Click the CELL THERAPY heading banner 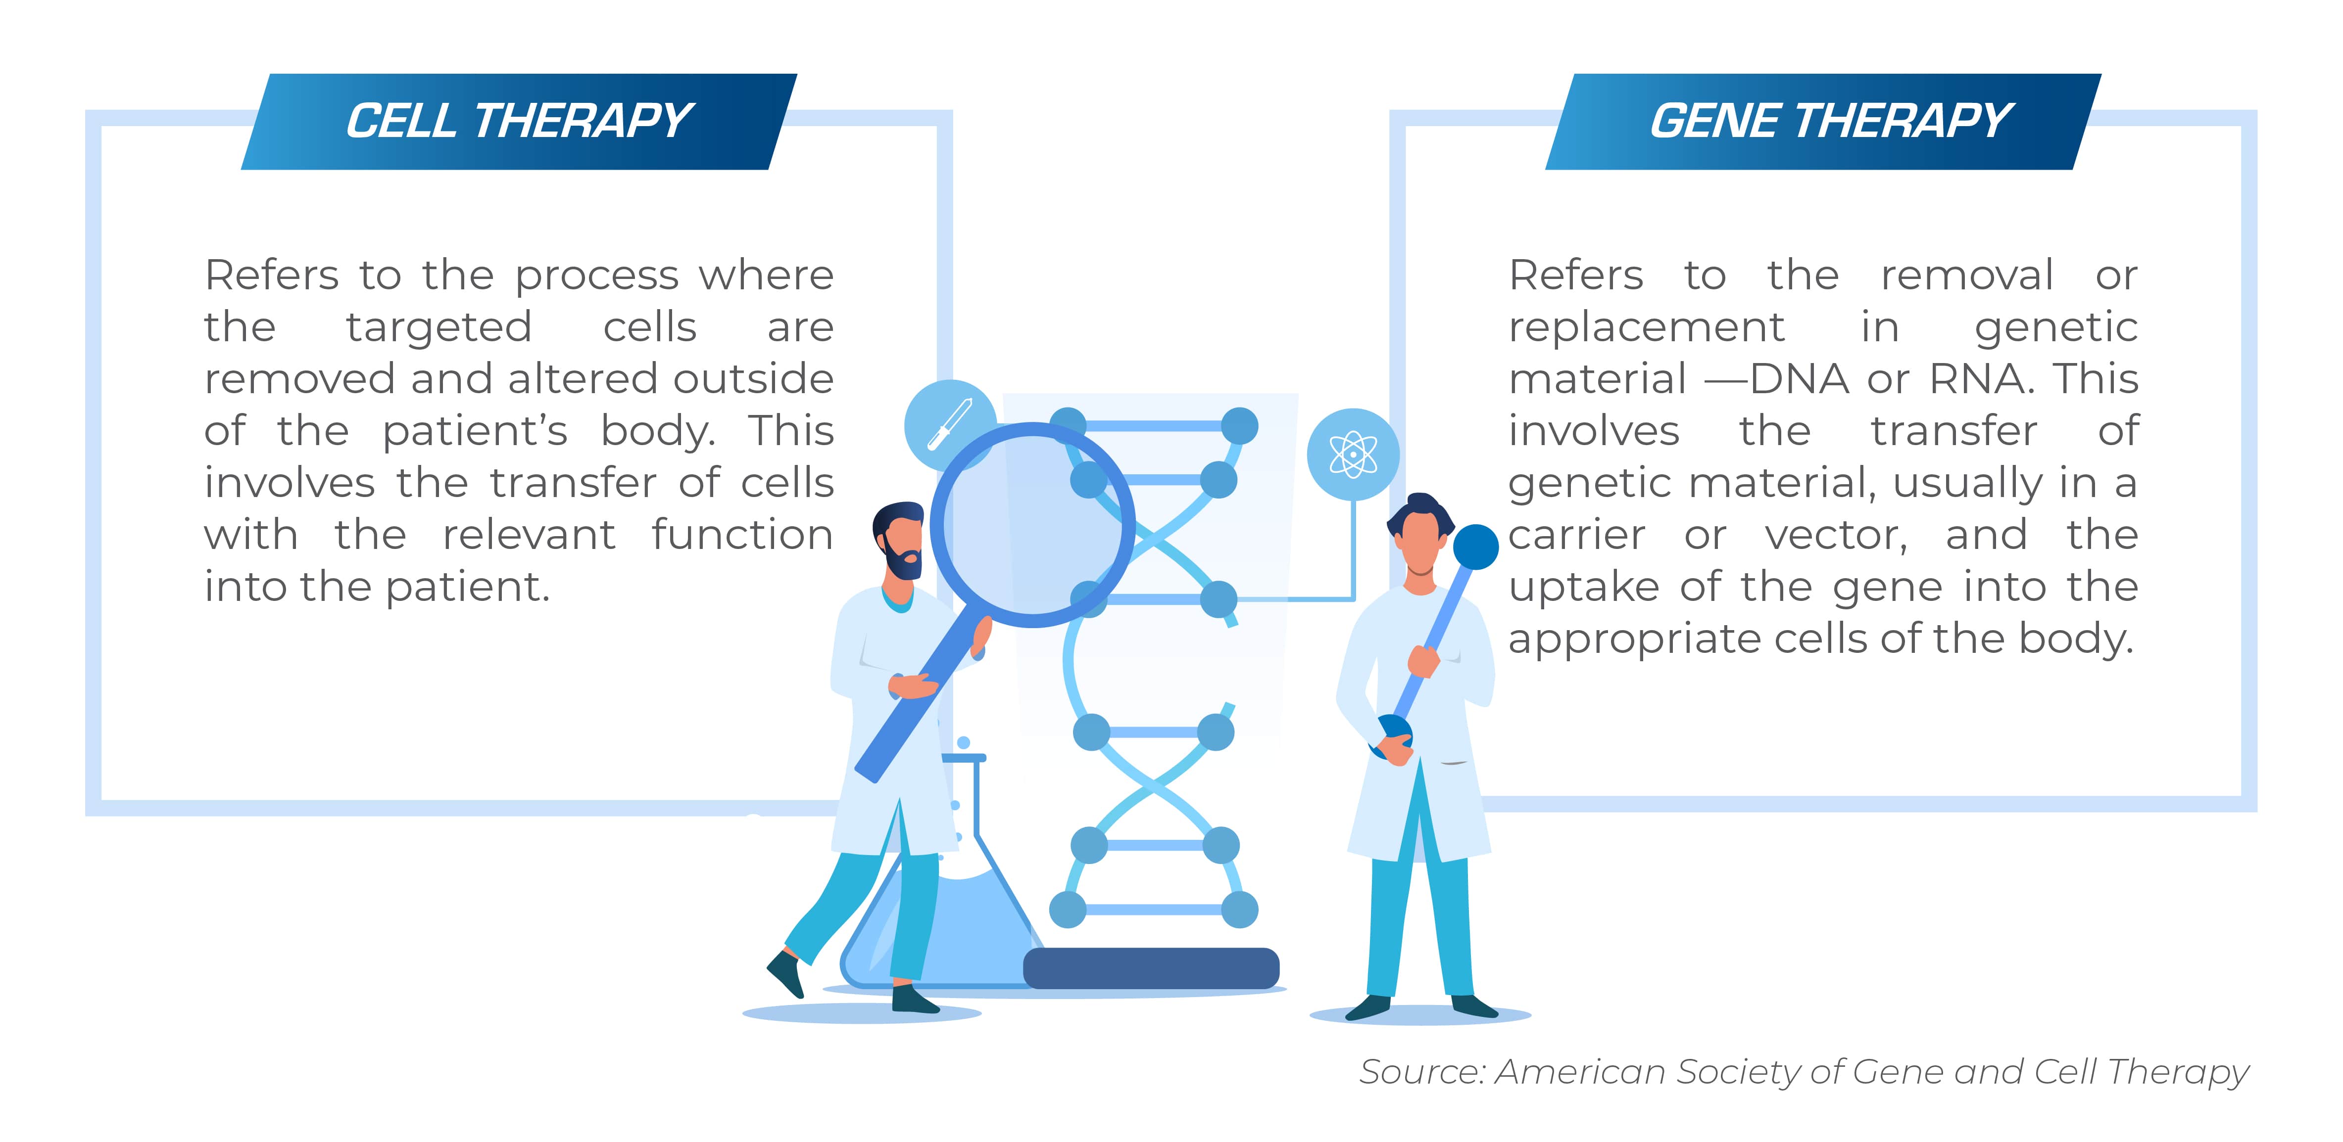click(x=519, y=121)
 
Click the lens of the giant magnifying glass click(x=1032, y=525)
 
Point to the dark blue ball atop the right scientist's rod click(x=1475, y=547)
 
